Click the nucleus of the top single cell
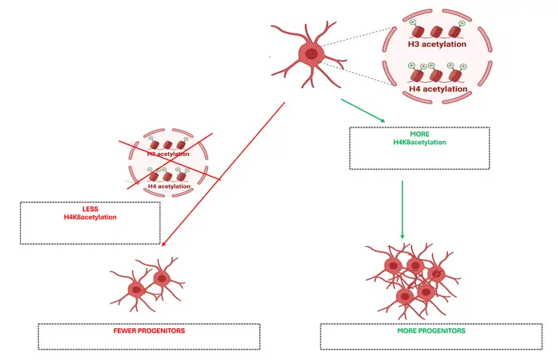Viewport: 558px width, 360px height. (x=310, y=53)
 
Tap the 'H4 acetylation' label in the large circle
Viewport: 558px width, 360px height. (x=437, y=89)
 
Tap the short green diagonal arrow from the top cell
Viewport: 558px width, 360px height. (x=363, y=111)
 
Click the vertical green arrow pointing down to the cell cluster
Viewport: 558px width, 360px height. (x=402, y=209)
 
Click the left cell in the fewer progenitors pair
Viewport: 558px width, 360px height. (x=136, y=288)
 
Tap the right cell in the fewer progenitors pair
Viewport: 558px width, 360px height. (x=162, y=278)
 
